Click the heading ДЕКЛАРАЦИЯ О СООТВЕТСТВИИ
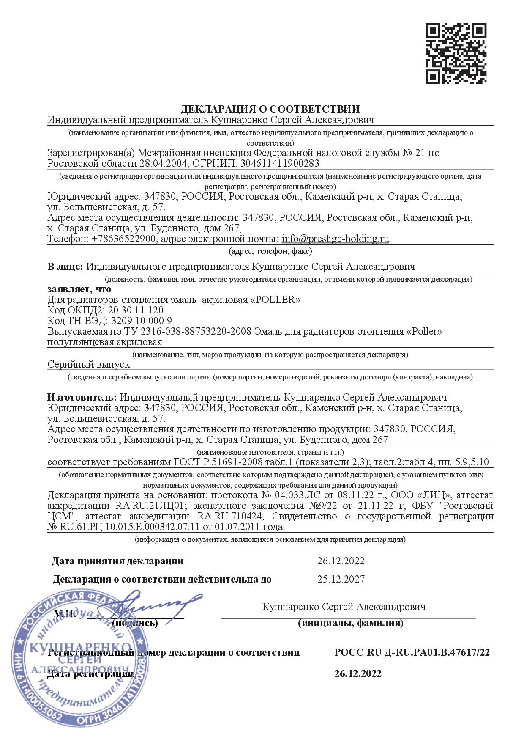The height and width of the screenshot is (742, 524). coord(270,109)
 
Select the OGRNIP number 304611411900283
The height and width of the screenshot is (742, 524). coord(280,163)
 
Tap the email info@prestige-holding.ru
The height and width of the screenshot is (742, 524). coord(335,239)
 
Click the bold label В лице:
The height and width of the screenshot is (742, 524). coord(65,267)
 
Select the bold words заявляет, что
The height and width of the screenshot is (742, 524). coord(79,289)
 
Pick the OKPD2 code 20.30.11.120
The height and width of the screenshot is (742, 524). coord(136,310)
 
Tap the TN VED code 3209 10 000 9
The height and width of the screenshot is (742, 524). coord(140,321)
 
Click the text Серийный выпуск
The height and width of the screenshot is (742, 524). coord(89,364)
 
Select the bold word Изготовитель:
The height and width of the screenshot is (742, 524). coord(82,397)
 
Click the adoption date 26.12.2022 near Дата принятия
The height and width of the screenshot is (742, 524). coord(341,561)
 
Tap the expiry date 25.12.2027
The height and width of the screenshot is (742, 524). coord(341,579)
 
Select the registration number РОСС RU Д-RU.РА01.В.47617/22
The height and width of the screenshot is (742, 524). coord(412,652)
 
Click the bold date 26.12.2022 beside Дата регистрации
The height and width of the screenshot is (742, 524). coord(358,673)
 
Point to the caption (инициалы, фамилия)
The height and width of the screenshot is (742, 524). coord(350,623)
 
